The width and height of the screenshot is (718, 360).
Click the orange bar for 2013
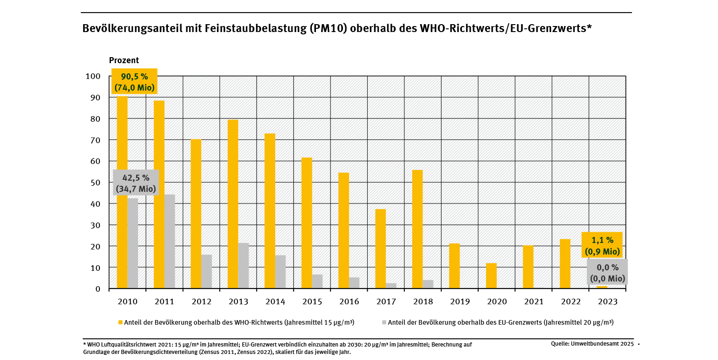233,204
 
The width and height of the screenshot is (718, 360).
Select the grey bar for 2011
170,242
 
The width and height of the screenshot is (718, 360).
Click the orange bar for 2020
491,276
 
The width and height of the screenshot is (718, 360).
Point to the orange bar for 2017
381,249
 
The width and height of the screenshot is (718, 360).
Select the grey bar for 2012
206,271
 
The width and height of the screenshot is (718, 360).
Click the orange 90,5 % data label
134,82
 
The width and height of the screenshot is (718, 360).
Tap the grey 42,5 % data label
136,183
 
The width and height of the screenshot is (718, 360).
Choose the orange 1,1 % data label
602,245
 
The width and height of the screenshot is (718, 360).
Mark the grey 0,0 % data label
607,273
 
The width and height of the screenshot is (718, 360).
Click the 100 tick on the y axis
92,76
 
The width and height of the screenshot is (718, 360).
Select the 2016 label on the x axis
349,301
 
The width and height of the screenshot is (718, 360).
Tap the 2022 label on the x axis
571,301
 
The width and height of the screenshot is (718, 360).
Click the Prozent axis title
124,60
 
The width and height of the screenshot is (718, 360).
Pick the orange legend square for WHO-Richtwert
120,322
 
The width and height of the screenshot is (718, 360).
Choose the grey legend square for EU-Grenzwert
384,322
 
